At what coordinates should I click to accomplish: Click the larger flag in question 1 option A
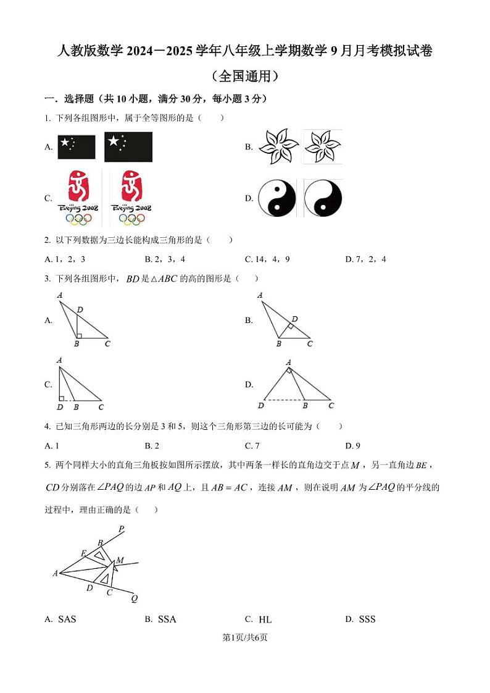tap(128, 147)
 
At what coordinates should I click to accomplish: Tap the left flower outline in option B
tap(278, 147)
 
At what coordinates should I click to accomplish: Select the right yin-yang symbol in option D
tap(323, 198)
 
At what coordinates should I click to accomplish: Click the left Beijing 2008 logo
tap(78, 198)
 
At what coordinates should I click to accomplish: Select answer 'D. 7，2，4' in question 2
tap(365, 259)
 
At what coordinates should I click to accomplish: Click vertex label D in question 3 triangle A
tap(80, 309)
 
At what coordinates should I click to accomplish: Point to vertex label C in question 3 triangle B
tap(310, 344)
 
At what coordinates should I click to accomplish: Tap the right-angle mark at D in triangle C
tap(62, 398)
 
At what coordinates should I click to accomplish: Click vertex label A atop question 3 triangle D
tap(288, 363)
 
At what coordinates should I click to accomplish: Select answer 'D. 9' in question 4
tap(352, 446)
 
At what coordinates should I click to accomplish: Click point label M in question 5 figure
tap(120, 560)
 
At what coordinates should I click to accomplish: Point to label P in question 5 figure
tap(121, 529)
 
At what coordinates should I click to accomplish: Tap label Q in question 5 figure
tap(134, 598)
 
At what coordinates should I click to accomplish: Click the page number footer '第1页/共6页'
tap(245, 637)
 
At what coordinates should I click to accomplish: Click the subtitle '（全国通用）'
tap(244, 77)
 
